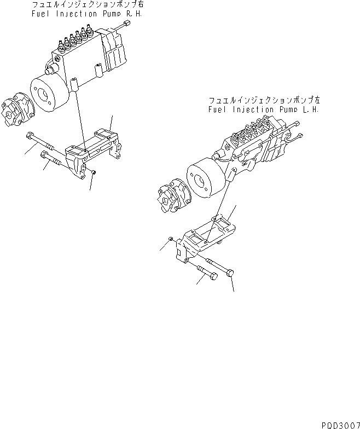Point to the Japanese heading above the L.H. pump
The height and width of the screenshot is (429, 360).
pyautogui.click(x=264, y=101)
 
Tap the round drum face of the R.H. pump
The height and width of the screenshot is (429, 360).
pyautogui.click(x=48, y=93)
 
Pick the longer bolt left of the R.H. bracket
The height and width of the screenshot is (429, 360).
pyautogui.click(x=40, y=144)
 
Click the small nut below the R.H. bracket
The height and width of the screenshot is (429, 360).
pyautogui.click(x=94, y=173)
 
